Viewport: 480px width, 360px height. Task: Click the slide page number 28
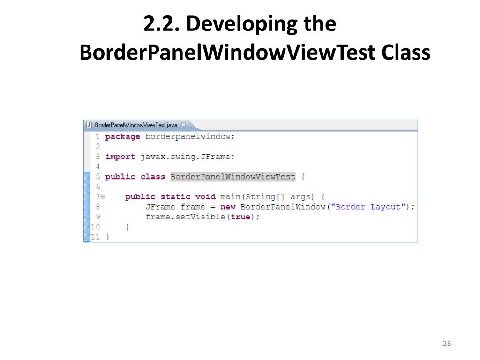tap(446, 344)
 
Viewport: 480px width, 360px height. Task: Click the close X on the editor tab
tap(184, 125)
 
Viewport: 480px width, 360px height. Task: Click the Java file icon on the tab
tap(89, 125)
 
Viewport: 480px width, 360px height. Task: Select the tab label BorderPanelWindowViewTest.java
tap(136, 125)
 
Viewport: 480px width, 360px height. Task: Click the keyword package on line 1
tap(122, 137)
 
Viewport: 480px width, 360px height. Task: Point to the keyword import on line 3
tap(120, 157)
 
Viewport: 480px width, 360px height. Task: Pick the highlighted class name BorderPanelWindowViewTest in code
tap(232, 177)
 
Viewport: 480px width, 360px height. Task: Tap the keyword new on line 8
tap(228, 207)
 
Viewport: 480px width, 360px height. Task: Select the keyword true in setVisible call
tap(240, 217)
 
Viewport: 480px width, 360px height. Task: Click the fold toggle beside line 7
tap(103, 197)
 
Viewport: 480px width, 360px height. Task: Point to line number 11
tap(95, 237)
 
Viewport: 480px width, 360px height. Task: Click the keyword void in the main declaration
tap(205, 197)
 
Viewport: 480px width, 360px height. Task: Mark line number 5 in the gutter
tap(97, 177)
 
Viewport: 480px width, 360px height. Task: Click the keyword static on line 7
tap(175, 197)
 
